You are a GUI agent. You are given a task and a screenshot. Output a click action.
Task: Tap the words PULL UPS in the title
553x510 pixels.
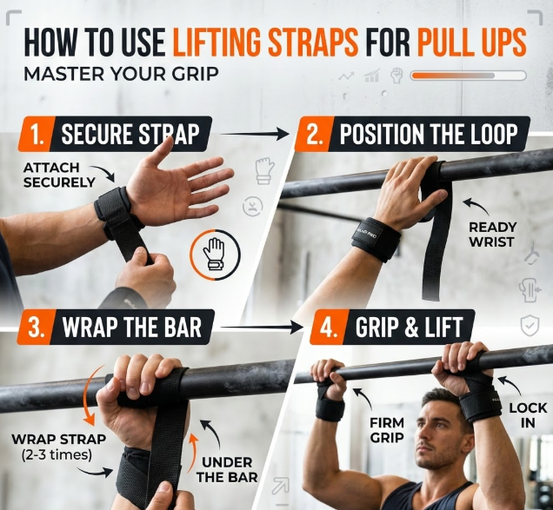pyautogui.click(x=472, y=43)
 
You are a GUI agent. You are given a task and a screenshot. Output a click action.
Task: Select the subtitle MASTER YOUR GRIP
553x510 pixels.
pyautogui.click(x=121, y=75)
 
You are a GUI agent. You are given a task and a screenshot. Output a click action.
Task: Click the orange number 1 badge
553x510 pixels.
pyautogui.click(x=37, y=135)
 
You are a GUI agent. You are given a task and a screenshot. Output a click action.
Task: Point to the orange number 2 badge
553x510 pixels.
pyautogui.click(x=314, y=135)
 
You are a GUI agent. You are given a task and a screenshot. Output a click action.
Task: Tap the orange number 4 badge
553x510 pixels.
pyautogui.click(x=329, y=327)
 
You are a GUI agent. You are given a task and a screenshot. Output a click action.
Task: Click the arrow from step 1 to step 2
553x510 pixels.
pyautogui.click(x=255, y=134)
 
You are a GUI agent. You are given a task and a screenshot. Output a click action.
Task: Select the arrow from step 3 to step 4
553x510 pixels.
pyautogui.click(x=262, y=328)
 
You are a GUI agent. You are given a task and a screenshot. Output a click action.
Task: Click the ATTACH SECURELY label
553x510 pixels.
pyautogui.click(x=59, y=175)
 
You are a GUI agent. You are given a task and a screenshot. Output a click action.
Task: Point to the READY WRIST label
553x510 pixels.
pyautogui.click(x=492, y=235)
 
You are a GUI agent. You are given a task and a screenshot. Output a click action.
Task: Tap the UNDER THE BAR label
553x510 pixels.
pyautogui.click(x=227, y=469)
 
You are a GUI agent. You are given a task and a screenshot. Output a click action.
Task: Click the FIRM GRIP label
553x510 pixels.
pyautogui.click(x=387, y=430)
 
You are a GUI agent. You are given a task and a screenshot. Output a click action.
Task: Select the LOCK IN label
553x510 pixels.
pyautogui.click(x=528, y=415)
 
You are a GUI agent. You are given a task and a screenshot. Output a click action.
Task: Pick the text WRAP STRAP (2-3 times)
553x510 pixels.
pyautogui.click(x=58, y=447)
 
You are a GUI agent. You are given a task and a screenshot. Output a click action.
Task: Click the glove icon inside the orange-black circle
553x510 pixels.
pyautogui.click(x=213, y=254)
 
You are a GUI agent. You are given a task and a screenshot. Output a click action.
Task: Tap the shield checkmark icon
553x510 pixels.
pyautogui.click(x=530, y=326)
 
